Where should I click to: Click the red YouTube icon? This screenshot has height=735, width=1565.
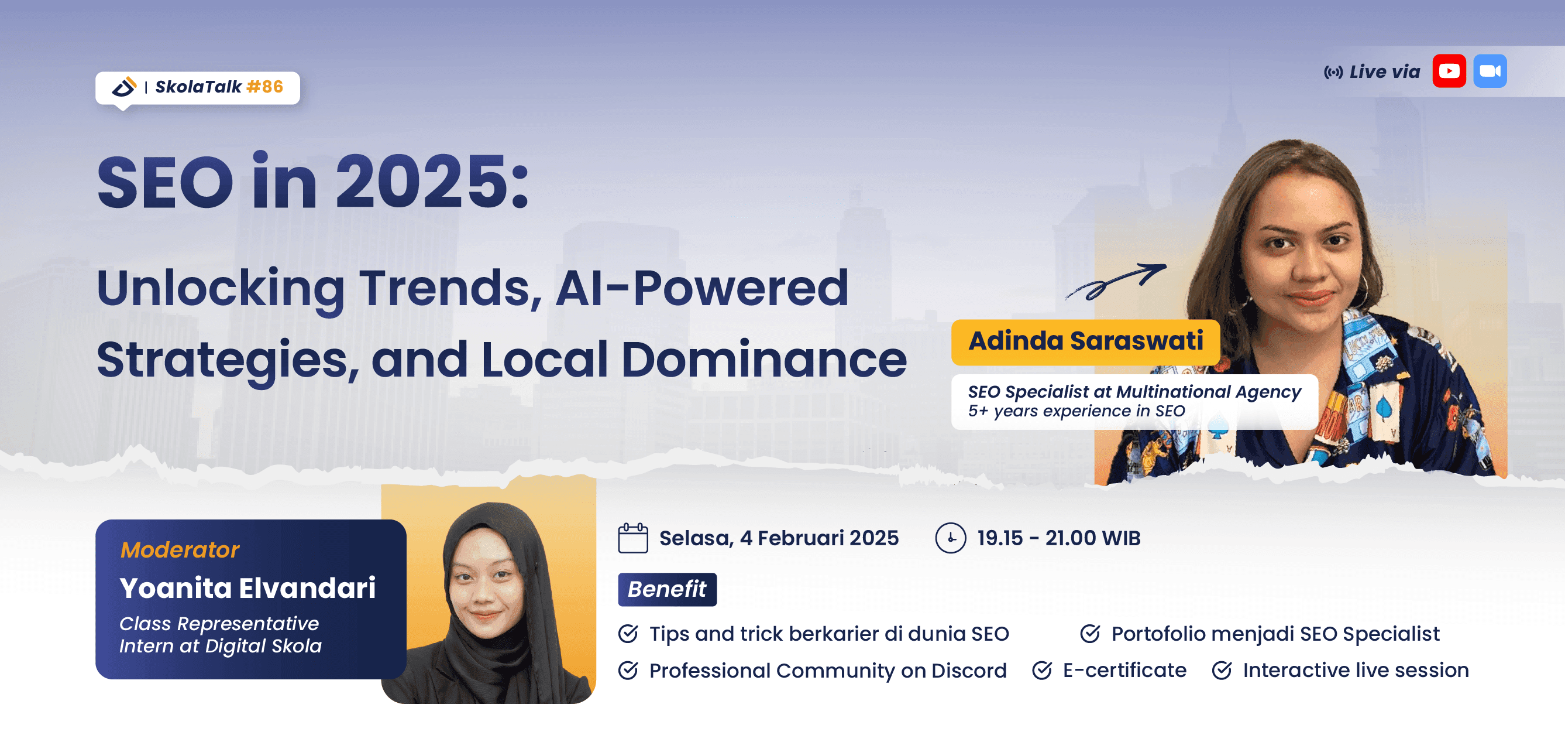(x=1449, y=71)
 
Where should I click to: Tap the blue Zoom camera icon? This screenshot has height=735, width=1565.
(x=1490, y=71)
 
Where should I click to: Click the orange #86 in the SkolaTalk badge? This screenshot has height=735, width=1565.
(x=265, y=87)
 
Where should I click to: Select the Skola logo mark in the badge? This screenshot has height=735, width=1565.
(x=125, y=87)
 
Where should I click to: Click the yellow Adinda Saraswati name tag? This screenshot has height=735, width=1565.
(x=1085, y=341)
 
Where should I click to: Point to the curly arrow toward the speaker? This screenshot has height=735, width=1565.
(x=1116, y=282)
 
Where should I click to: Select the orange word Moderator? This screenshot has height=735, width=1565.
(x=180, y=549)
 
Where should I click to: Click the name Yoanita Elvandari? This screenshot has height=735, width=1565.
(x=247, y=588)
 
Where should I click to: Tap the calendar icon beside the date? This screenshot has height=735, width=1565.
(x=632, y=538)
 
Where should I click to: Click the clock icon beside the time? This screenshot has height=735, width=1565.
(x=950, y=538)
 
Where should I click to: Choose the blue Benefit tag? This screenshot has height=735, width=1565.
(x=666, y=589)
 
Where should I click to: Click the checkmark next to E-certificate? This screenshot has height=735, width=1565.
(x=1041, y=671)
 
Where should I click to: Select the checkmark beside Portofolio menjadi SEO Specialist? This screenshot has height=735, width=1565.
(x=1090, y=634)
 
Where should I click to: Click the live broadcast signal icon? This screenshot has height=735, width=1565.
(x=1333, y=73)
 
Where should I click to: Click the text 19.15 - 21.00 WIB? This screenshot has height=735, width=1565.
(x=1058, y=538)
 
